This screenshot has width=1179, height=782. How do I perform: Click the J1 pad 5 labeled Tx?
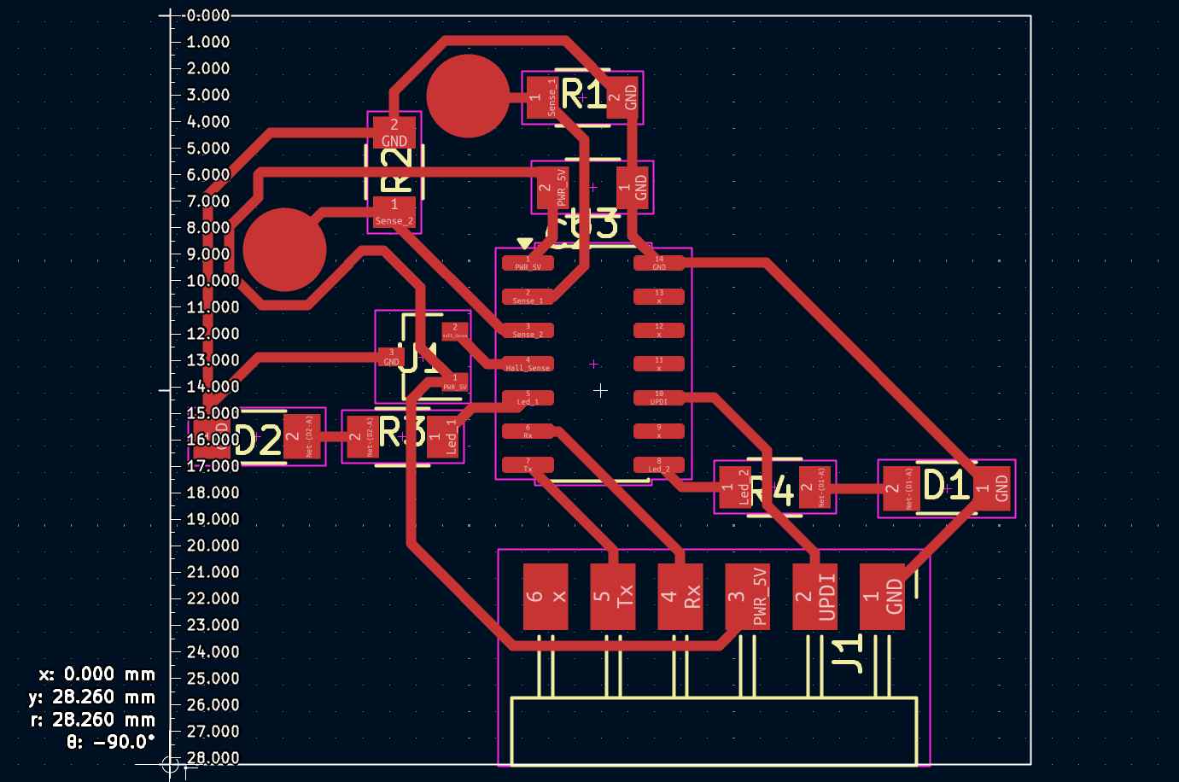coord(613,596)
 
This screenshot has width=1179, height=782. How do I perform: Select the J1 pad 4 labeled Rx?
coord(680,596)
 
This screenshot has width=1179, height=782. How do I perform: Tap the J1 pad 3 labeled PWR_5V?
coord(747,596)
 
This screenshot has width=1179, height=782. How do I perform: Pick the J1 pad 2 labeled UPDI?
coord(814,596)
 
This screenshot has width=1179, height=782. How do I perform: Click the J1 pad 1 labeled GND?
coord(882,596)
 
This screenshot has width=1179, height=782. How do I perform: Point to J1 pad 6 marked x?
coord(546,596)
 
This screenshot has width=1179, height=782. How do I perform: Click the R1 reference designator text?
coord(583,96)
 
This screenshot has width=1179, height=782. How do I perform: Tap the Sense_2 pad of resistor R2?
coord(394,212)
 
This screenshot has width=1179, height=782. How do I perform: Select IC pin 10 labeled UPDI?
coord(659,398)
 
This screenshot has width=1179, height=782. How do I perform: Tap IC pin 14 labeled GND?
coord(659,263)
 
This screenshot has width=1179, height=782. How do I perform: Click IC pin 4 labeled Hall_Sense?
coord(528,364)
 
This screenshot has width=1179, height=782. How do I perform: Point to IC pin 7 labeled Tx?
coord(528,465)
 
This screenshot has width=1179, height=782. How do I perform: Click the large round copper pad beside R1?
coord(468,96)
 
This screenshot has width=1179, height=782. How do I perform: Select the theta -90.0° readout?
coord(111,741)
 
